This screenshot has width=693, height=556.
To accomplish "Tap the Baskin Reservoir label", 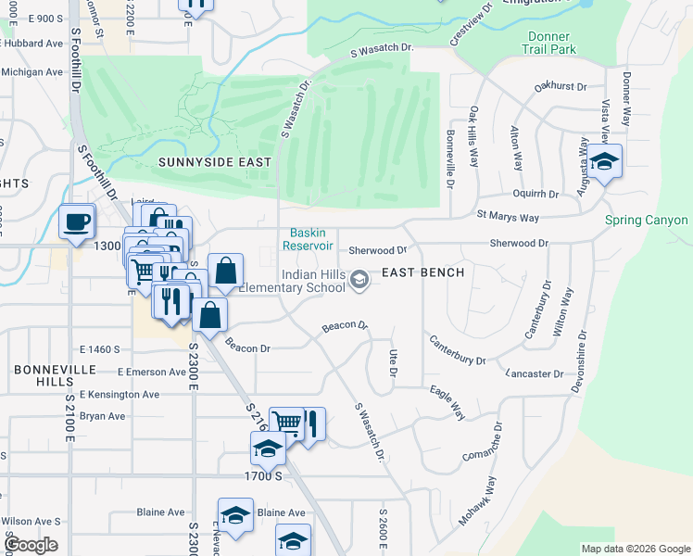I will point(310,239).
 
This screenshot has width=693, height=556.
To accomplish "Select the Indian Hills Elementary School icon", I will point(358,280).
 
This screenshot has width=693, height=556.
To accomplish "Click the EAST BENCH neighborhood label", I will point(423,273).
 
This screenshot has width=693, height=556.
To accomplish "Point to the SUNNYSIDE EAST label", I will point(215,162).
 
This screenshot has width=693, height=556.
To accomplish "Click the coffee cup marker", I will point(76,221).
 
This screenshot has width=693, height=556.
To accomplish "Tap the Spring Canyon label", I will point(646,221).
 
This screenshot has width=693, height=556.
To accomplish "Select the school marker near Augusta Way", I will point(604,161).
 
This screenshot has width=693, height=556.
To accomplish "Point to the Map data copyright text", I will point(635,549).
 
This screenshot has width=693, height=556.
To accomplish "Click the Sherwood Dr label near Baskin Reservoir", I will point(378,250).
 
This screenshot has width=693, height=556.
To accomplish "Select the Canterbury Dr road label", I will point(457,350).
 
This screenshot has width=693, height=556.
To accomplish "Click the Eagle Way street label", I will point(447,405).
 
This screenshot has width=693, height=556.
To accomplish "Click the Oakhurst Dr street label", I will point(561,87).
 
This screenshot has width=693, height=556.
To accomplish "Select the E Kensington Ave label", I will point(120,394).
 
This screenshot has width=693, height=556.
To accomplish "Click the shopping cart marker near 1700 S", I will point(286,423).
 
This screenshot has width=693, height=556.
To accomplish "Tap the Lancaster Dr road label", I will point(535,373).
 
